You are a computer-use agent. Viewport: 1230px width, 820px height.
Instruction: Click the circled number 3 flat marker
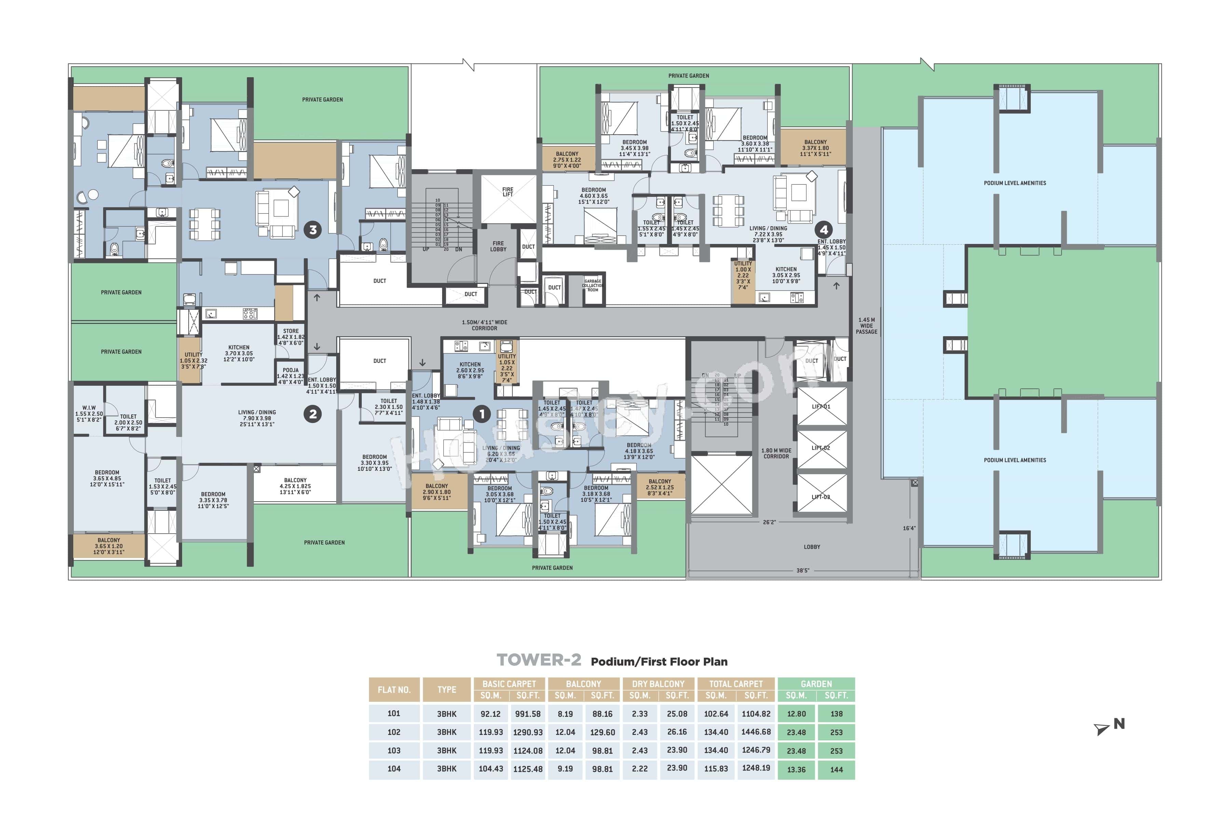coord(313,230)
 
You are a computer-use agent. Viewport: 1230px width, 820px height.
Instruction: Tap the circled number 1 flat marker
coord(482,414)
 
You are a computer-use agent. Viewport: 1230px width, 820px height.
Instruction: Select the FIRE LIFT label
coord(508,192)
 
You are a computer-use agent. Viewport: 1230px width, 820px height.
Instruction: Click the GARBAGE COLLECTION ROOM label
coord(593,286)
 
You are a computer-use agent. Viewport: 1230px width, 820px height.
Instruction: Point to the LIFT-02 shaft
coord(821,448)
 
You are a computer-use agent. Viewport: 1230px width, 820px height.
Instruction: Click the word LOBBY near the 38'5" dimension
coord(812,547)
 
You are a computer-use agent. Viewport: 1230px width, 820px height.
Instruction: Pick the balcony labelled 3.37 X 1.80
coord(815,148)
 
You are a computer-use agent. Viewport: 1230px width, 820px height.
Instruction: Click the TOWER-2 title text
coord(539,660)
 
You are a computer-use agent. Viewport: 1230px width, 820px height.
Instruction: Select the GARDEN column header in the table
coord(816,684)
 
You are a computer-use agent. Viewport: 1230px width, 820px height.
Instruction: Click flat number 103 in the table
coord(394,750)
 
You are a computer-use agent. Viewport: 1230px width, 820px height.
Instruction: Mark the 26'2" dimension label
coord(769,522)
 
